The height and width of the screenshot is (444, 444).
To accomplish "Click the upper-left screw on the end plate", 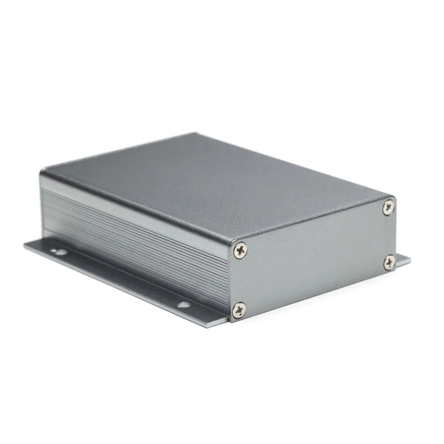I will point(240,250).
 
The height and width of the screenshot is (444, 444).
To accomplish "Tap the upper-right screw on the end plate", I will point(388,208).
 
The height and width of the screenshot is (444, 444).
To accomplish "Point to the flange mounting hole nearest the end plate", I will point(181,304).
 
